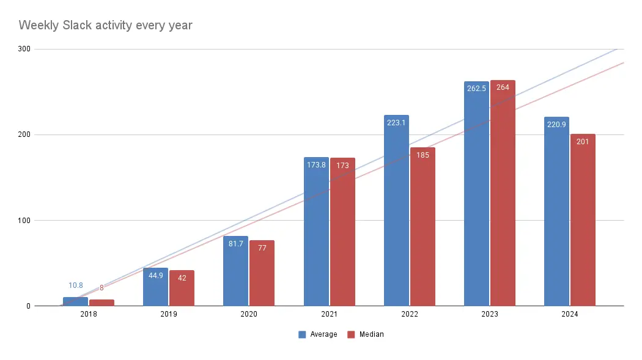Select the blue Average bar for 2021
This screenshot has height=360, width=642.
pyautogui.click(x=316, y=232)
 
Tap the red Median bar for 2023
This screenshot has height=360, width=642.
pyautogui.click(x=503, y=196)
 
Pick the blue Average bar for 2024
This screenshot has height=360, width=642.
pyautogui.click(x=556, y=214)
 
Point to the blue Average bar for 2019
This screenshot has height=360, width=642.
pyautogui.click(x=155, y=287)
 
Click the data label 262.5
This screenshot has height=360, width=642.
pyautogui.click(x=476, y=88)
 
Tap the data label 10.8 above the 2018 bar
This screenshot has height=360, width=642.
pyautogui.click(x=75, y=285)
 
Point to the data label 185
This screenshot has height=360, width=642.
pyautogui.click(x=422, y=155)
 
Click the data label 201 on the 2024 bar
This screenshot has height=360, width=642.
pyautogui.click(x=583, y=142)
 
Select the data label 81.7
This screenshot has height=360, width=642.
pyautogui.click(x=235, y=243)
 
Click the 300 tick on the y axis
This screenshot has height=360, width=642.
pyautogui.click(x=23, y=49)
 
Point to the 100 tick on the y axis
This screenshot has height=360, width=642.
pyautogui.click(x=23, y=220)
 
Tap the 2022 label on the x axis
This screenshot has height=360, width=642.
pyautogui.click(x=409, y=314)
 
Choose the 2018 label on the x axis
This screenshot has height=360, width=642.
pyautogui.click(x=88, y=314)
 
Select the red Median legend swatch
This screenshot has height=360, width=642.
pyautogui.click(x=352, y=334)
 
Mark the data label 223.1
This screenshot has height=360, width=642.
pyautogui.click(x=396, y=122)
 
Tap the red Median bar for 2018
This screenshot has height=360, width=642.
pyautogui.click(x=101, y=303)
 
